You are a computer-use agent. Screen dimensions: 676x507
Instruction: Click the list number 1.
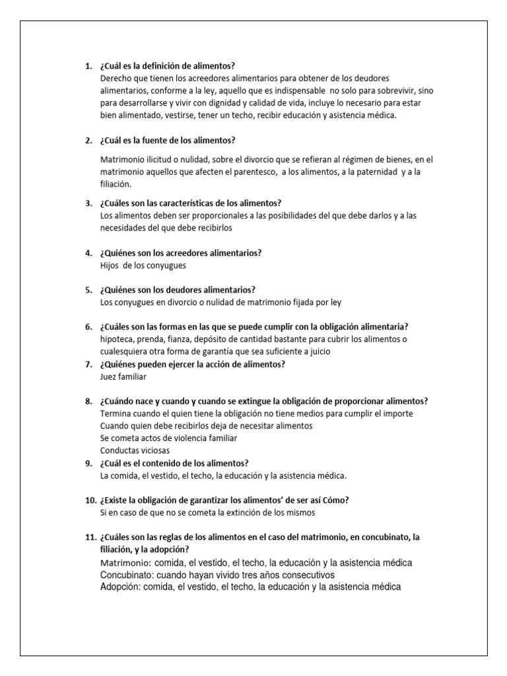(x=88, y=66)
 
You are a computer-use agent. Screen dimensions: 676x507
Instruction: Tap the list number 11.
(x=90, y=537)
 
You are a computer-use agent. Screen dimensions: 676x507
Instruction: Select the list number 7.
(x=88, y=364)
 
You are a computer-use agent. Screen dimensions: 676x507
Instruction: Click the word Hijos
(x=110, y=265)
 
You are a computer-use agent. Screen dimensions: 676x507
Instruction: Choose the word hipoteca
(x=117, y=339)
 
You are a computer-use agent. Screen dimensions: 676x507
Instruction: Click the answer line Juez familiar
(x=123, y=376)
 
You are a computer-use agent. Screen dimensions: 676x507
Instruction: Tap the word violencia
(x=180, y=438)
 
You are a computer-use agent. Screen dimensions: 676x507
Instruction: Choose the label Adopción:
(x=122, y=587)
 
